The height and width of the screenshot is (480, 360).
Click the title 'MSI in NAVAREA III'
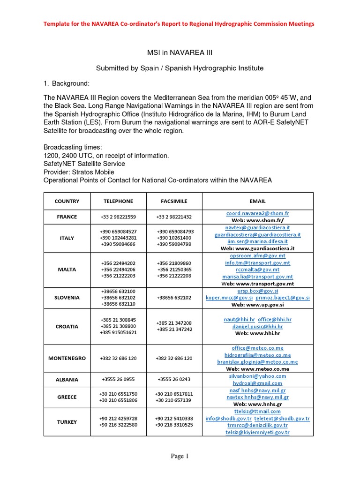180,53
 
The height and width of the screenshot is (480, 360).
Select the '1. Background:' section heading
67,83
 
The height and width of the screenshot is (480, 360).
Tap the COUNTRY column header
67,201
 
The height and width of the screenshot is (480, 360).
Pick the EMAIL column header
257,201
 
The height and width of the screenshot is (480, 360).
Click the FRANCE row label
67,217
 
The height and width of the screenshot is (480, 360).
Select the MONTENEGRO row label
67,358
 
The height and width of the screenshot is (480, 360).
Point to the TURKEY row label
67,422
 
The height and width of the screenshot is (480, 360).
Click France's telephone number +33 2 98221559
119,217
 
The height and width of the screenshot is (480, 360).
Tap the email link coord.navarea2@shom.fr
257,213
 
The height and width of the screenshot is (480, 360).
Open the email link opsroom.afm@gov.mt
257,256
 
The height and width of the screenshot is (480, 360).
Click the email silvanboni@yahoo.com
257,376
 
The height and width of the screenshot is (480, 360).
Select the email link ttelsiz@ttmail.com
257,411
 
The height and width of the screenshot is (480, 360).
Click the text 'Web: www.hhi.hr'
257,334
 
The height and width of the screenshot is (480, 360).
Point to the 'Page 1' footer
180,456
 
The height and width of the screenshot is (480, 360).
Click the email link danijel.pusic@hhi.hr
257,327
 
